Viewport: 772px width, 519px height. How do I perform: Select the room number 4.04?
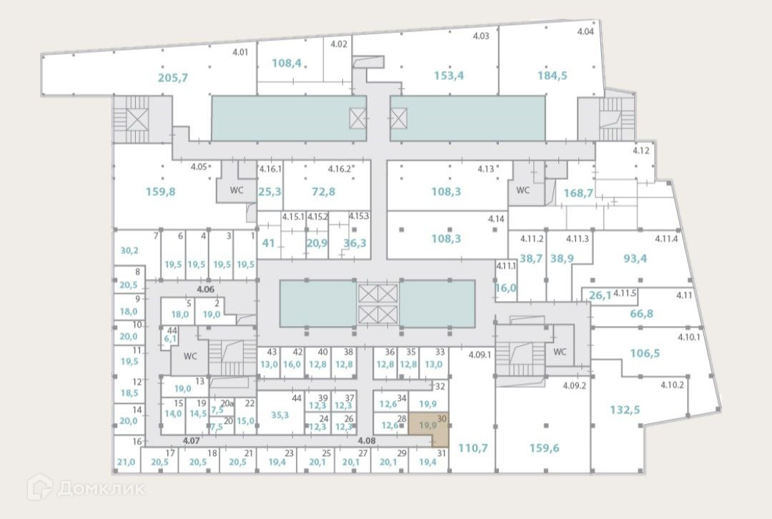tap(585, 31)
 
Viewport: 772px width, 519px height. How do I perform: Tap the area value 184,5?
tap(552, 76)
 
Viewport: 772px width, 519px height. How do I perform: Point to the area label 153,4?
tap(449, 76)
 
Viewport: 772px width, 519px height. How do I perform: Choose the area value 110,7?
tap(472, 448)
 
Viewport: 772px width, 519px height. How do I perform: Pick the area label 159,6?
tap(544, 448)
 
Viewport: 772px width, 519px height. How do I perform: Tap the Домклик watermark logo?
tap(86, 488)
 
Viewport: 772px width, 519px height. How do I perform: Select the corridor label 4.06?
tap(206, 289)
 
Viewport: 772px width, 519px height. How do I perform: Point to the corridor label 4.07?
tap(191, 440)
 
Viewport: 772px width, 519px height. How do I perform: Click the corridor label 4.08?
tap(367, 440)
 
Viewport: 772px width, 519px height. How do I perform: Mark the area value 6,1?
tap(170, 339)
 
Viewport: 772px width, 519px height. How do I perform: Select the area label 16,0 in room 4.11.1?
tap(505, 287)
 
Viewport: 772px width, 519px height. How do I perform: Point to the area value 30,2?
tap(129, 250)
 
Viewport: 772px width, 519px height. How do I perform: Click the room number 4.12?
tap(640, 151)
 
